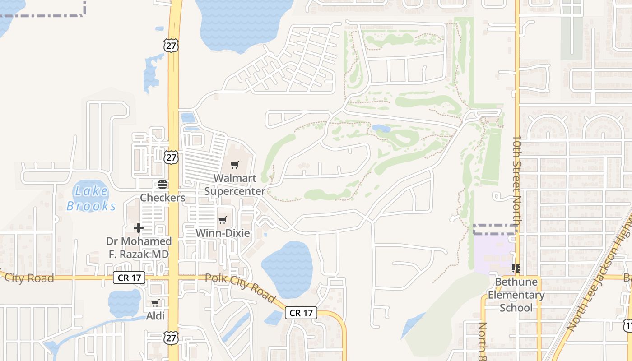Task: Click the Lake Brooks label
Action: [92, 198]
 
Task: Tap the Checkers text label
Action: [163, 198]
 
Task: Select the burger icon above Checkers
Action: [162, 184]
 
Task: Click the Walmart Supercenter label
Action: [235, 185]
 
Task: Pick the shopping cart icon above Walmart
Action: [234, 165]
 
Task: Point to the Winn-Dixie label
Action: [222, 233]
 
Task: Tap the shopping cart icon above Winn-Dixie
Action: [222, 220]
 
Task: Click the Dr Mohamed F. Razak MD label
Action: [139, 248]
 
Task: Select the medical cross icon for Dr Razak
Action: [139, 228]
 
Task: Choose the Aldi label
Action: [155, 316]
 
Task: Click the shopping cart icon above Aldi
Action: [155, 303]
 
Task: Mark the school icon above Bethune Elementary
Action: [516, 268]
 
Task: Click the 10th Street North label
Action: [517, 180]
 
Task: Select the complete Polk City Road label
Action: [240, 288]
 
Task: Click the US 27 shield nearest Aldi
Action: [171, 337]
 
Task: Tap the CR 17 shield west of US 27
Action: [129, 278]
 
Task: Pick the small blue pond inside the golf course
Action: [381, 129]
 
